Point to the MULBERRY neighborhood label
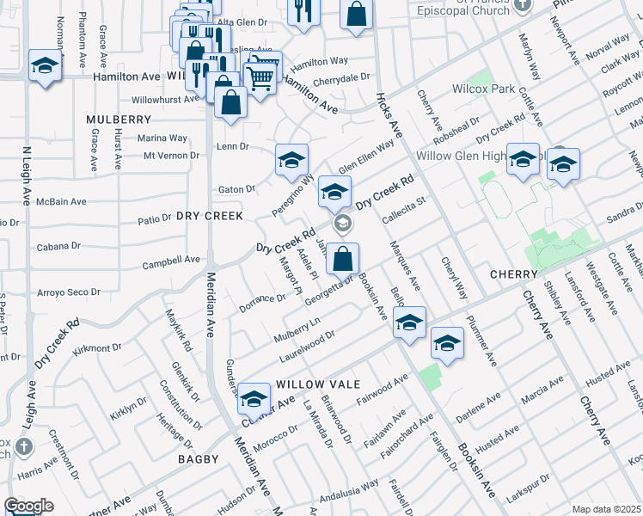119,119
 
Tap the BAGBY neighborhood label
199,459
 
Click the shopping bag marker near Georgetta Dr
342,258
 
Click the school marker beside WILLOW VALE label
254,398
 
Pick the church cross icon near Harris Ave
23,446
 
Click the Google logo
29,506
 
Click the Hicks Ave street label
389,114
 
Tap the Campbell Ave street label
170,260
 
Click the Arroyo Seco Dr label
70,292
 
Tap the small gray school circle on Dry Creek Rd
342,225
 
